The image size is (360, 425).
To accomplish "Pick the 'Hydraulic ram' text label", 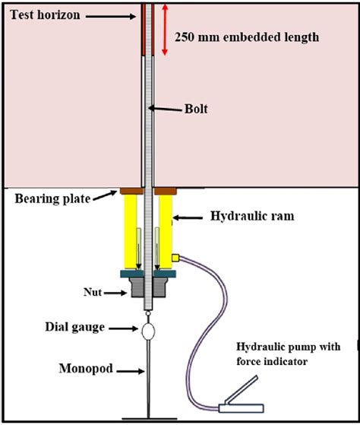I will (251, 218).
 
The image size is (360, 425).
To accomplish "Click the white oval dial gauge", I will (147, 331).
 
